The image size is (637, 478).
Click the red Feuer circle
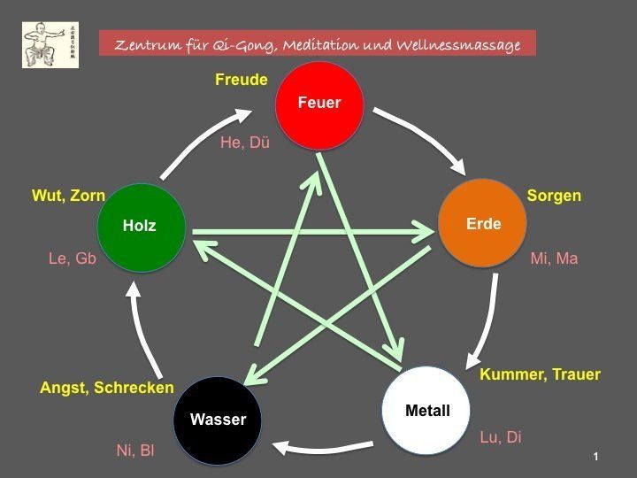[319, 103]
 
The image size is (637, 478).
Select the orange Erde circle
[483, 223]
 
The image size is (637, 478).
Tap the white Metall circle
[426, 410]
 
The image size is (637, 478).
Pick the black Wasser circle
[218, 419]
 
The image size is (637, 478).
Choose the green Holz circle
[140, 226]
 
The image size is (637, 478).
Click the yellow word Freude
[241, 81]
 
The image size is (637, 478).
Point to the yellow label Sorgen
[554, 195]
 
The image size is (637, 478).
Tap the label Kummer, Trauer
[540, 374]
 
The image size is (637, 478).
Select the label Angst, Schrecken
[106, 388]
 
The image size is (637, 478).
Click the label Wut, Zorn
[68, 195]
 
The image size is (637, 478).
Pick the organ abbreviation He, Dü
[244, 142]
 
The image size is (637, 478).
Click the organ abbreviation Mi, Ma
[554, 258]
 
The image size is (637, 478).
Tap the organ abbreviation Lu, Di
[501, 436]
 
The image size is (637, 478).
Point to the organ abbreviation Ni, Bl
[135, 451]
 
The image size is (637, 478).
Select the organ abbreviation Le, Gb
[72, 258]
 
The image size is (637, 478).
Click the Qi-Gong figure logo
[50, 45]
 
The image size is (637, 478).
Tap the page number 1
[596, 456]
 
